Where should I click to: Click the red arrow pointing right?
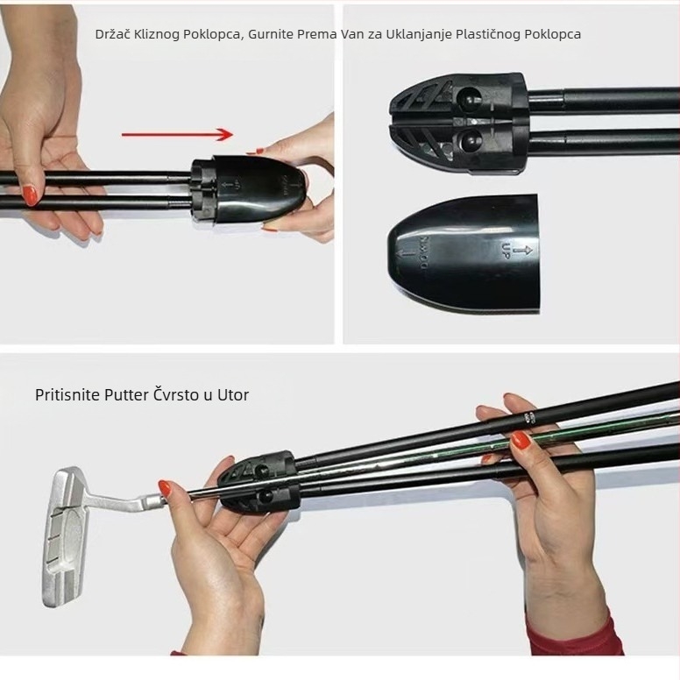coord(177,134)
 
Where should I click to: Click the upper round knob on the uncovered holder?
coord(471,98)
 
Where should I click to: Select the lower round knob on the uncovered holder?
coord(471,139)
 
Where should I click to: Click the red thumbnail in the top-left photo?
coord(31,195)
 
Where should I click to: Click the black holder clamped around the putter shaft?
coord(259,482)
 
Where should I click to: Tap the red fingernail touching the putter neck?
coord(165,489)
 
